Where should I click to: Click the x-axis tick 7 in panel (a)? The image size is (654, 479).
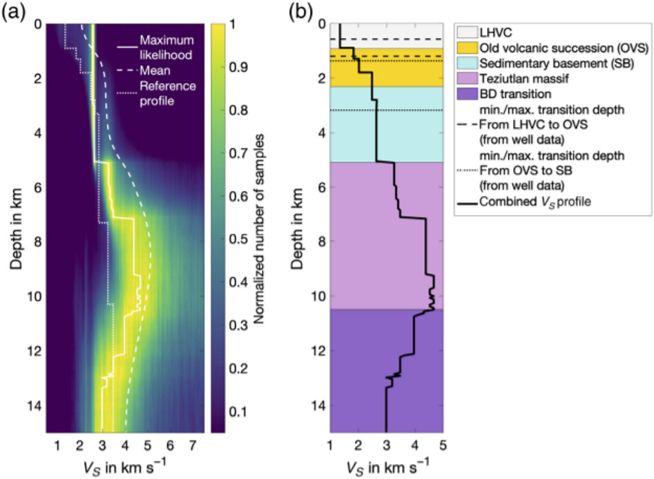[193, 446]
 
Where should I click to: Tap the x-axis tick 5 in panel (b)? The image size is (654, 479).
[443, 446]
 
